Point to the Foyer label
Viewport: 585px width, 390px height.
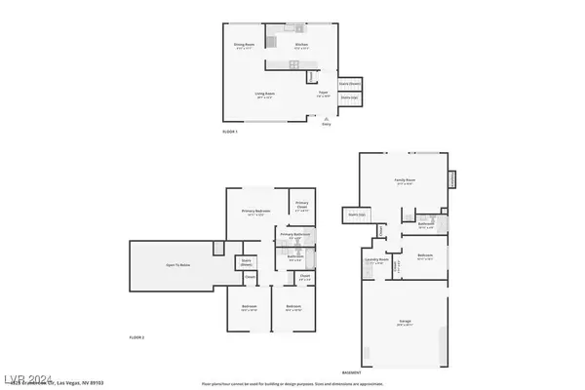(x=323, y=94)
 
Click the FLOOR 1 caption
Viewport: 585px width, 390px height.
(x=230, y=131)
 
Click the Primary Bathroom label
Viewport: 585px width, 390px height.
(x=294, y=235)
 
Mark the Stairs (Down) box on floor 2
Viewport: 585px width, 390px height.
(x=247, y=262)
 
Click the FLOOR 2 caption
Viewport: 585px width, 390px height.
(x=136, y=336)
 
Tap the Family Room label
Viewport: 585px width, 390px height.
(x=404, y=181)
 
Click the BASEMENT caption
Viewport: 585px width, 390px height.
(x=352, y=372)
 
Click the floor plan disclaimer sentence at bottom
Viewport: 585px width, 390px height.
(x=292, y=384)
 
